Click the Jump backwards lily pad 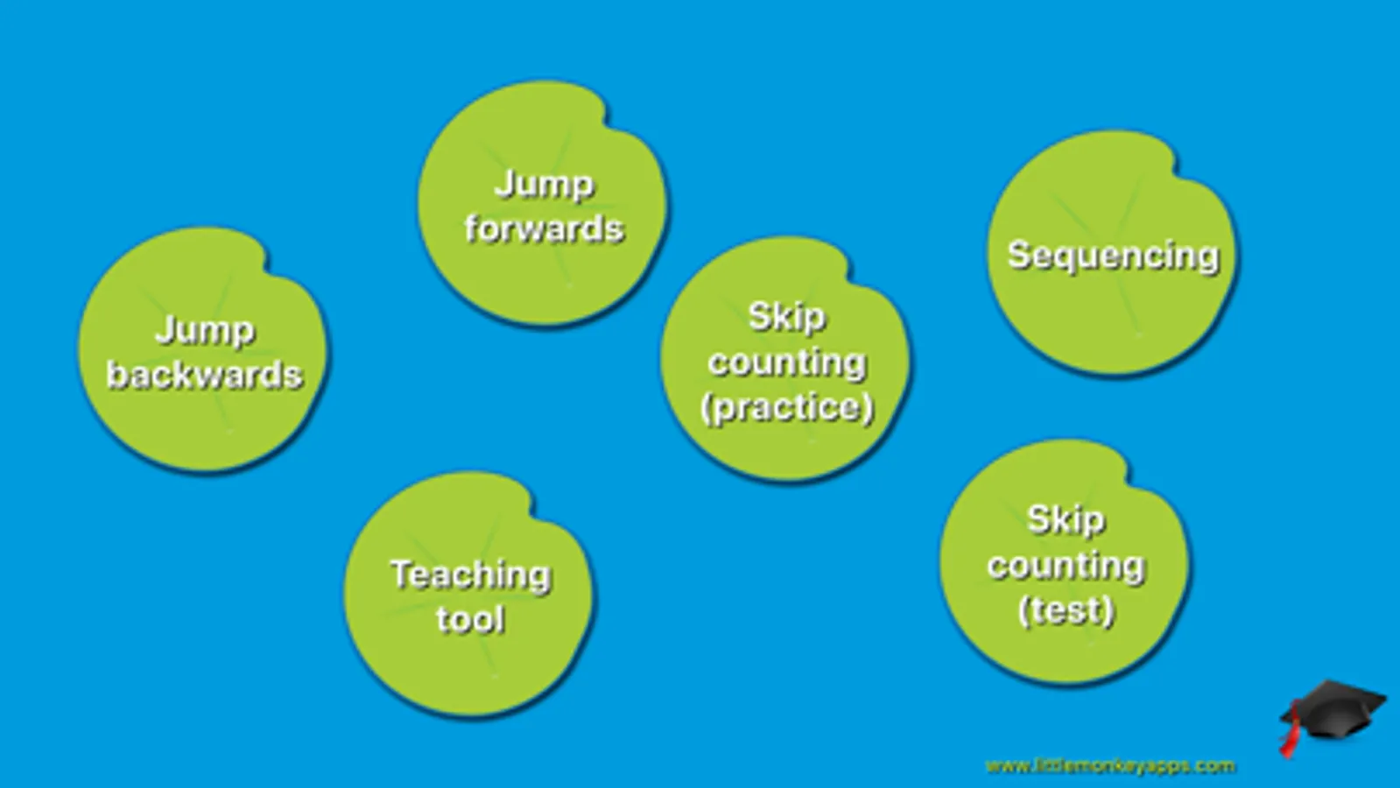(x=203, y=350)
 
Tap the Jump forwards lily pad (x=543, y=204)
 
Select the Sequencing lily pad (x=1113, y=254)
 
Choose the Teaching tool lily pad (x=469, y=595)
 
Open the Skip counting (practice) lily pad (x=785, y=360)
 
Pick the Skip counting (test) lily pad (x=1065, y=563)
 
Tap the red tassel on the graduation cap (x=1290, y=737)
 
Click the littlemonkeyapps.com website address (x=1110, y=766)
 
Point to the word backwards (x=204, y=375)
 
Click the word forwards (x=544, y=229)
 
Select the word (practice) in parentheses (x=786, y=408)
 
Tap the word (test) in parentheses (x=1066, y=610)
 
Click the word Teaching (x=470, y=575)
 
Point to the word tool (x=470, y=619)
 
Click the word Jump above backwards (x=204, y=331)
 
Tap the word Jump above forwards (x=544, y=185)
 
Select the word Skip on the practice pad (x=786, y=318)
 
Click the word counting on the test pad (x=1066, y=566)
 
